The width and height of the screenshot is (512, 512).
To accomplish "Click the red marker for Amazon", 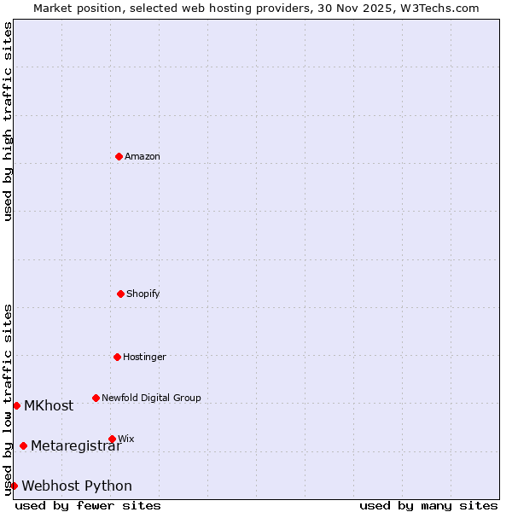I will tap(119, 156).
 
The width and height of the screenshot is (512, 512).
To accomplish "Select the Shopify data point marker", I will tap(120, 294).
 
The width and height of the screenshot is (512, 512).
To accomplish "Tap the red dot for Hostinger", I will tap(117, 357).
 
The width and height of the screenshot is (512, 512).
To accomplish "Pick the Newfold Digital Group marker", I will tap(96, 398).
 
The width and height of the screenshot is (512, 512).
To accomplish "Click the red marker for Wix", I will tap(112, 439).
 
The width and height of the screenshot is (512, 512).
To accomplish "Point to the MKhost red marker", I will tap(16, 405).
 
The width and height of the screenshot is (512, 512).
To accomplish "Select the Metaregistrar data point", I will tap(23, 445).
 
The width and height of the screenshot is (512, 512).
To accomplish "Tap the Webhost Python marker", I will tap(14, 486).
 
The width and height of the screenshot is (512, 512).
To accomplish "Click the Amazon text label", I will tap(143, 156).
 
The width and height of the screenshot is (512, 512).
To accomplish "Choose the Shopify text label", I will tap(143, 294).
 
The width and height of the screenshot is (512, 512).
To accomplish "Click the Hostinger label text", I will tap(144, 357).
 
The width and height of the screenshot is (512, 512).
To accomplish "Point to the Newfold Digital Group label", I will tap(151, 398).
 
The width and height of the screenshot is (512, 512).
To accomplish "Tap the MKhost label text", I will tap(49, 405).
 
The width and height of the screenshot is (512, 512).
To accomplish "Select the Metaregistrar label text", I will tap(76, 445).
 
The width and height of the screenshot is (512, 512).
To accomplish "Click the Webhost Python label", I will tap(77, 486).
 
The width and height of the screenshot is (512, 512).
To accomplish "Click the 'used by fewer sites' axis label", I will tap(88, 505).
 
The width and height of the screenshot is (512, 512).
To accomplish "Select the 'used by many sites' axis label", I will tap(428, 505).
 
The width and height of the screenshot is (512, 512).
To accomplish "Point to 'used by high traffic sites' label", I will tap(8, 121).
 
